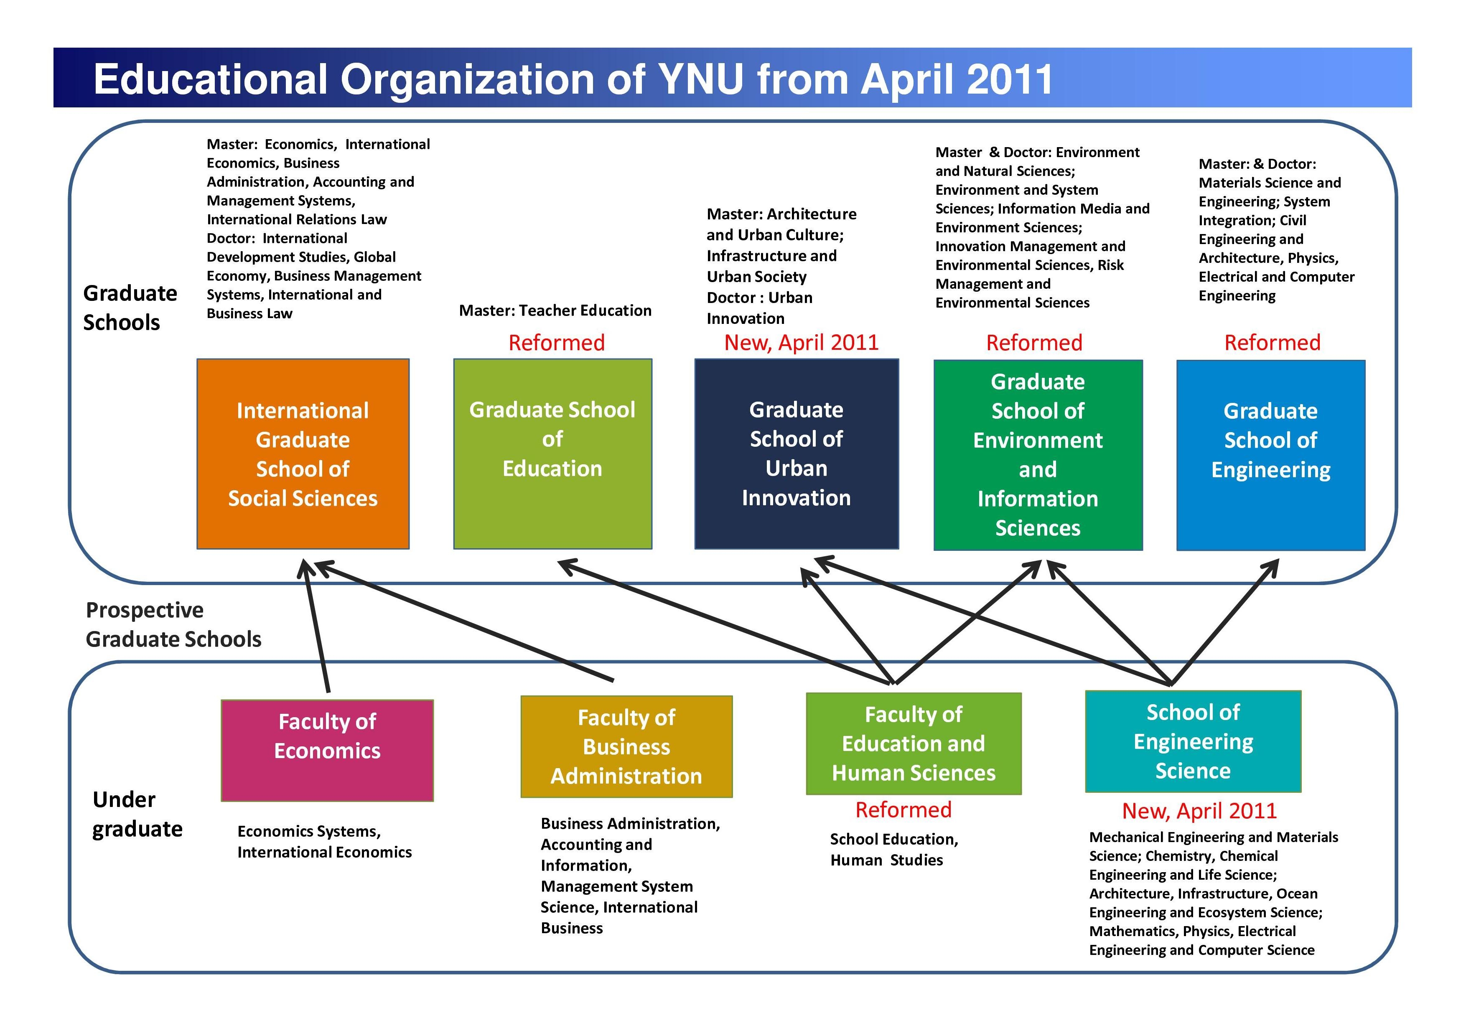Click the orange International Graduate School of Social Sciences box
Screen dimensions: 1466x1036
tap(303, 454)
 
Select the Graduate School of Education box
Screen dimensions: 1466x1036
tap(553, 454)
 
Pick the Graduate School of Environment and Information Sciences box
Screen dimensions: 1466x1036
tap(1038, 455)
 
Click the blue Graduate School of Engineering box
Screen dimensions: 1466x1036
tap(1270, 455)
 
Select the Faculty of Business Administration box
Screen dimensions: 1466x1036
tap(626, 747)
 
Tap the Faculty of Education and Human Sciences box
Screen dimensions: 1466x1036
tap(914, 743)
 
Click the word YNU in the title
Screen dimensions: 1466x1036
tap(700, 79)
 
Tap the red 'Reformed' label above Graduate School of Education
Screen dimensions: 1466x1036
tap(557, 343)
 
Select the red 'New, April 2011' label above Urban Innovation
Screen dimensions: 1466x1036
tap(801, 343)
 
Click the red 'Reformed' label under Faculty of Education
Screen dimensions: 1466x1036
tap(904, 809)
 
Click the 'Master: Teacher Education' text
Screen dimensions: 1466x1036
tap(555, 311)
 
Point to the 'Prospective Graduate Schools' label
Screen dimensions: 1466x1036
tap(174, 624)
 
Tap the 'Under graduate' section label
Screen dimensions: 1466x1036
tap(137, 814)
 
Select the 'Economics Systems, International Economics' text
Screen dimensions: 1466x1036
tap(324, 841)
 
